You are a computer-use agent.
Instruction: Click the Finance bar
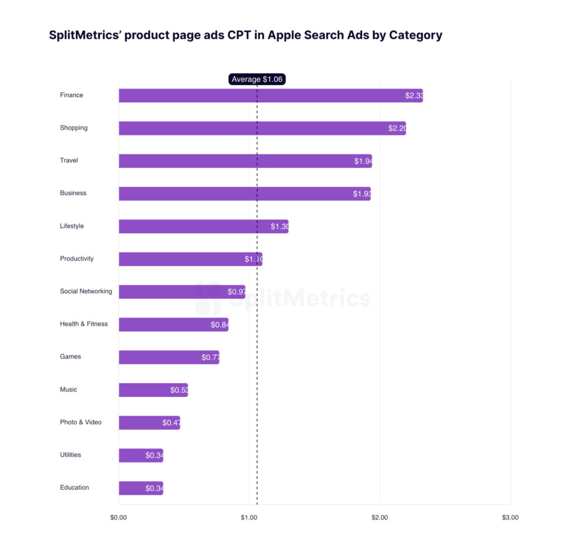click(x=270, y=96)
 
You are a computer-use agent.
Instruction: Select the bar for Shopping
click(x=262, y=128)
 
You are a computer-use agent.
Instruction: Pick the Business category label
click(x=73, y=193)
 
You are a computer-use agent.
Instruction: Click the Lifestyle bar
click(x=203, y=226)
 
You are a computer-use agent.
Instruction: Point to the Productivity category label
click(x=77, y=259)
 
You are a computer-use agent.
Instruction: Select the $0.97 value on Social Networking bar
click(x=236, y=292)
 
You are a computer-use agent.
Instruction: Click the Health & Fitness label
click(x=83, y=324)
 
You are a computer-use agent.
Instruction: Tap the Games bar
click(x=169, y=357)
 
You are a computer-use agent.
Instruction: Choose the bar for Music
click(x=153, y=390)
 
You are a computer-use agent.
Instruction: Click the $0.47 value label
click(x=171, y=422)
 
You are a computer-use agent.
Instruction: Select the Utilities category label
click(x=70, y=454)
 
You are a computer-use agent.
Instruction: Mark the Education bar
click(x=140, y=488)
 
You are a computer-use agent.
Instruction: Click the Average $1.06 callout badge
click(x=257, y=79)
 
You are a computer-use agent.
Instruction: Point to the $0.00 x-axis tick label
click(x=118, y=518)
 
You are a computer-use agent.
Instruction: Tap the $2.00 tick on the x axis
click(x=380, y=518)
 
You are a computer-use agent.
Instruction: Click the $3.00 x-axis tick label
click(x=510, y=518)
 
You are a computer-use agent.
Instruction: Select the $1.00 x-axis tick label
click(x=249, y=518)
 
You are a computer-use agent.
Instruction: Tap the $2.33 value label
click(x=414, y=96)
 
